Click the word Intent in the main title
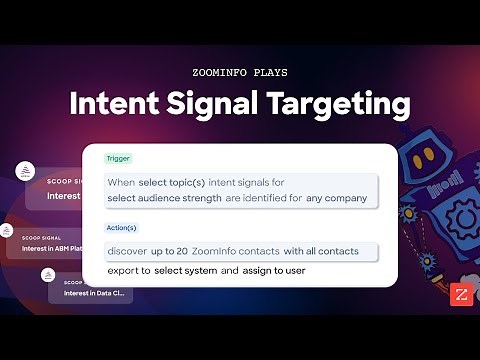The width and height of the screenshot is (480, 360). [x=118, y=104]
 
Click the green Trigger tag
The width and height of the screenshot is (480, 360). [x=118, y=158]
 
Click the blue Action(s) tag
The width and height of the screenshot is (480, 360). [x=122, y=227]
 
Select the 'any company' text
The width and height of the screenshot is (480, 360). [x=337, y=198]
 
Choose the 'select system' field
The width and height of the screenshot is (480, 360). [x=186, y=271]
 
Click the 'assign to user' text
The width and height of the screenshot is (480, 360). [x=274, y=271]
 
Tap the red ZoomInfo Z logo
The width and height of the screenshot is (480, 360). [x=462, y=295]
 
